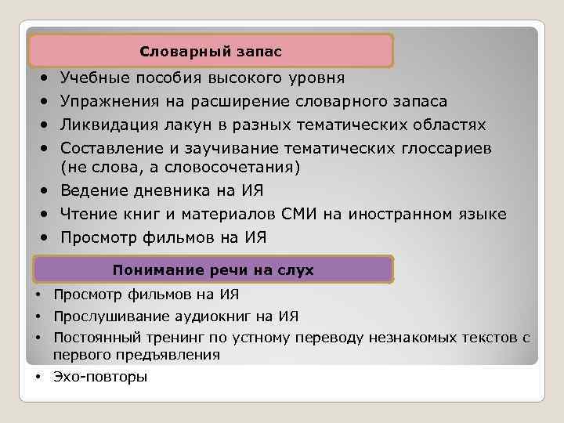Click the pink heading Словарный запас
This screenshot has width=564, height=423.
(x=210, y=52)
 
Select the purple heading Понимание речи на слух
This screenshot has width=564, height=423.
(x=212, y=270)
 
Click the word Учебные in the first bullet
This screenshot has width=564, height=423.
(x=92, y=78)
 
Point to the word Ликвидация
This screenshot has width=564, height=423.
(x=107, y=125)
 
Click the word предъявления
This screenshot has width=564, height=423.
(x=172, y=354)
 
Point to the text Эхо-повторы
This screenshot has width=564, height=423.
(x=99, y=377)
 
